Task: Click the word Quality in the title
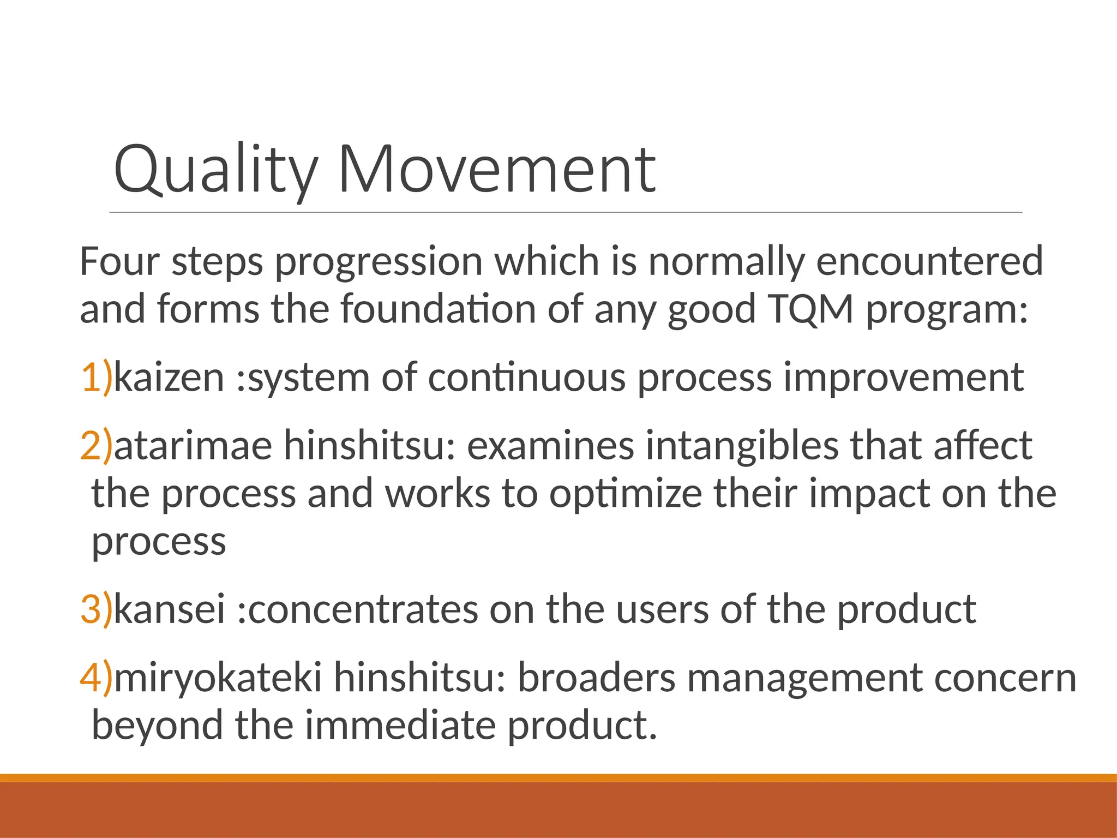(x=215, y=170)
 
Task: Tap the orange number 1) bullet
(x=96, y=378)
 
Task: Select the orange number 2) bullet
(x=96, y=446)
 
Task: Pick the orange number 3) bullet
(x=96, y=609)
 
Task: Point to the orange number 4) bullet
(x=96, y=678)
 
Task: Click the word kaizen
(x=169, y=378)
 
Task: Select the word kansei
(x=169, y=609)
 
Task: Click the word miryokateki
(x=217, y=678)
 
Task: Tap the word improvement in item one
(x=903, y=378)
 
